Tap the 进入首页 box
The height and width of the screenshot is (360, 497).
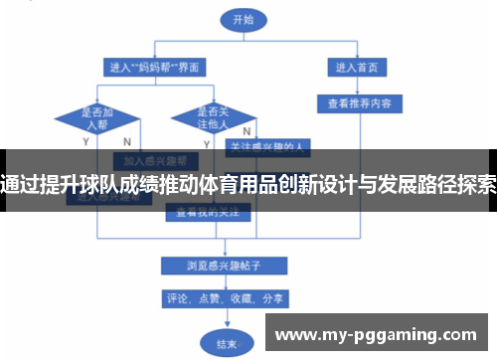coord(359,68)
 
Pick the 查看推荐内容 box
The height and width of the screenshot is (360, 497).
coord(359,101)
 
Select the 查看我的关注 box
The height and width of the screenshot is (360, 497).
coord(206,212)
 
